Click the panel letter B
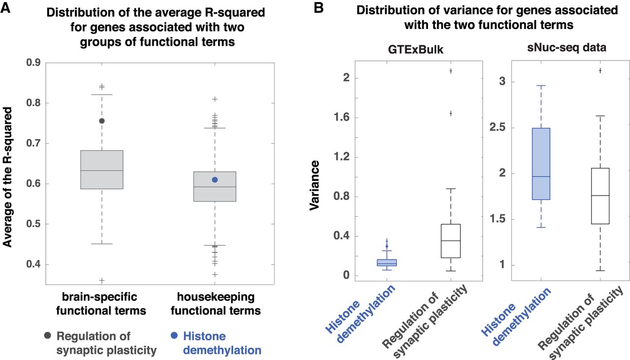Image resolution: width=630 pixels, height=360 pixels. pos(319,8)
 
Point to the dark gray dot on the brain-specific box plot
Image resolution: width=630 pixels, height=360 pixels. pos(102,121)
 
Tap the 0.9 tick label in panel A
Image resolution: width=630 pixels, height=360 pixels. pos(32,63)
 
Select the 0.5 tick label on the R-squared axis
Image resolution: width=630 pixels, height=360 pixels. pos(32,225)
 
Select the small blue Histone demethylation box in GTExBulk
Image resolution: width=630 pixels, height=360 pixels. pos(386,262)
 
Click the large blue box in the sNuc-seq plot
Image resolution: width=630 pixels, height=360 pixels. pos(540,164)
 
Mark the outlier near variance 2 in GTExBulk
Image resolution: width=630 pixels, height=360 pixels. pos(450,71)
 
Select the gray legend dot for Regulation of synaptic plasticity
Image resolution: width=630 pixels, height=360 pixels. pos(47,336)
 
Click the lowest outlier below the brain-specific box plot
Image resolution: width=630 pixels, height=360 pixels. pos(102,281)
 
